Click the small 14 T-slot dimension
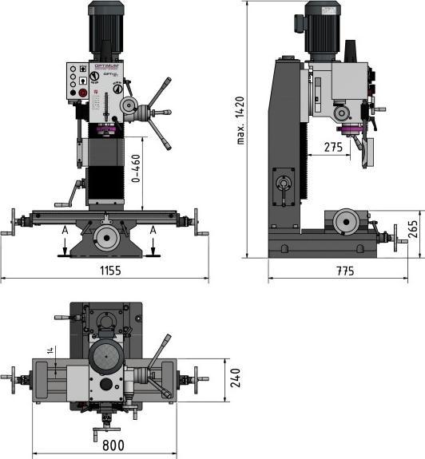[x=50, y=351]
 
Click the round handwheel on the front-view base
[x=105, y=236]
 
